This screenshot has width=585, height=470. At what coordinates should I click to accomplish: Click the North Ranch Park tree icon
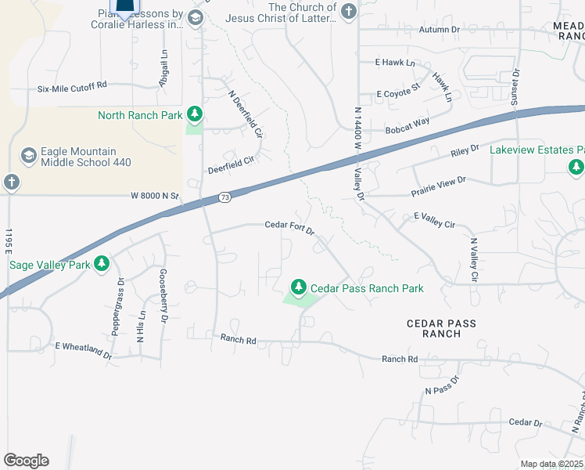tap(195, 115)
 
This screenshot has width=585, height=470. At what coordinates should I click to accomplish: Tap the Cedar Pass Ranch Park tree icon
tap(298, 287)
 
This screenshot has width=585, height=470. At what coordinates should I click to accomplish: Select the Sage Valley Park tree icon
tap(101, 264)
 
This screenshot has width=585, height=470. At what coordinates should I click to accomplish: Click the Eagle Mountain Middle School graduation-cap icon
tap(29, 156)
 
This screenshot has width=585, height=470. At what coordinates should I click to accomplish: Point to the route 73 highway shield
tap(224, 197)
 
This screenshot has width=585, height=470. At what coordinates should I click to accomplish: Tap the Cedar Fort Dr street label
tap(289, 227)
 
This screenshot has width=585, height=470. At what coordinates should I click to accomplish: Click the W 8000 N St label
tap(155, 196)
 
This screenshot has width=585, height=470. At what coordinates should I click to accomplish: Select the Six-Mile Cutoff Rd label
tap(72, 88)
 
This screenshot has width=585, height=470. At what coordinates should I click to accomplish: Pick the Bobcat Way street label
tap(407, 122)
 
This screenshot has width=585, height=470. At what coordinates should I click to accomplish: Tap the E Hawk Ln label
tap(395, 62)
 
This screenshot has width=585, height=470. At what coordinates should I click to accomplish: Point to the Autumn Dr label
tap(440, 30)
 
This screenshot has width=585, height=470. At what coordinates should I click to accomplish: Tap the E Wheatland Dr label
tap(84, 349)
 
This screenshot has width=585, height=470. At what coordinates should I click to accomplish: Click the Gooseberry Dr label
tap(164, 296)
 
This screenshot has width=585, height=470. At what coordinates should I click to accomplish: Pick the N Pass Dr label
tap(442, 385)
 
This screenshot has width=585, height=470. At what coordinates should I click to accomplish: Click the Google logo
tap(26, 461)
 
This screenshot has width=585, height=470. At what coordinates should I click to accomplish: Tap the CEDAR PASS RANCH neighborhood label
tap(441, 328)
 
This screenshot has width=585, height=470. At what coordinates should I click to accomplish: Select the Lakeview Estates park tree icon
tap(576, 167)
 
